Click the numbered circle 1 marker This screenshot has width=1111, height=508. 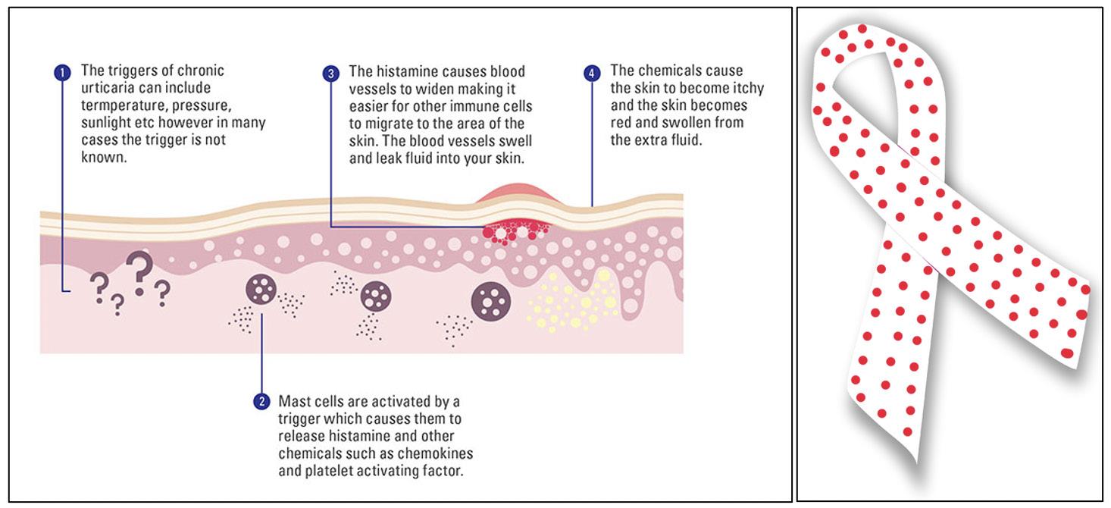(62, 73)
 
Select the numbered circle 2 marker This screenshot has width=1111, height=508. (261, 401)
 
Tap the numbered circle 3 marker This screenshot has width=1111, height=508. (330, 73)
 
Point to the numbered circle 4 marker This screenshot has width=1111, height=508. (592, 73)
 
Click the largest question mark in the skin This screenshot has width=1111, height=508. (139, 272)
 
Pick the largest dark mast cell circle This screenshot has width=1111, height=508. (491, 301)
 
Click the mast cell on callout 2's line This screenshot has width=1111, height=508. (261, 290)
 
